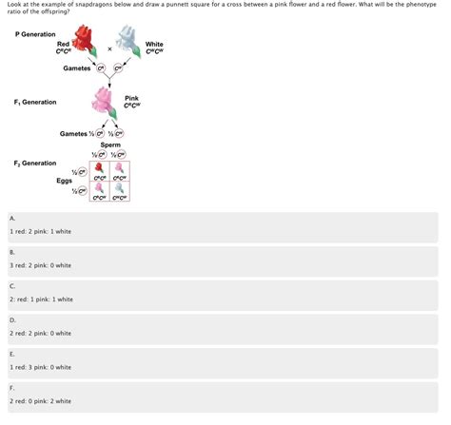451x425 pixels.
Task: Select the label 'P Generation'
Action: click(x=35, y=34)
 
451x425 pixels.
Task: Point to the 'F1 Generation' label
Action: click(x=34, y=102)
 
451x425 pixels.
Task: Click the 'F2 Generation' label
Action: click(x=34, y=163)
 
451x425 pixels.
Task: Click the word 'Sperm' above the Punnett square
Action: click(x=110, y=145)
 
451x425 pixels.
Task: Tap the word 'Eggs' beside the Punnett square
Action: click(x=64, y=180)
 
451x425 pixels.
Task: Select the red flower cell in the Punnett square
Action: click(x=99, y=169)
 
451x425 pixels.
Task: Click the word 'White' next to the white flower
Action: click(x=154, y=44)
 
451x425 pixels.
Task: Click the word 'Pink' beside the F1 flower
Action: click(x=132, y=98)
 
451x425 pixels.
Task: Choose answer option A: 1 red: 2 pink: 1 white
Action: click(x=40, y=231)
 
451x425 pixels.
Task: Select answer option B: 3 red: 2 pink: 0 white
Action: click(x=40, y=265)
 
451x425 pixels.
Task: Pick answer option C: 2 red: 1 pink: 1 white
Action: click(x=40, y=299)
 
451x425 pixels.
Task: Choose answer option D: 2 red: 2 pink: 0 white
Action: click(x=40, y=333)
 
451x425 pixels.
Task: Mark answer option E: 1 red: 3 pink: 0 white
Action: click(x=40, y=367)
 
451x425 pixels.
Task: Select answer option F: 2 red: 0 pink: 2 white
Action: click(x=40, y=400)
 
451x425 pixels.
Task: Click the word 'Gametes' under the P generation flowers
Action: click(x=77, y=68)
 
